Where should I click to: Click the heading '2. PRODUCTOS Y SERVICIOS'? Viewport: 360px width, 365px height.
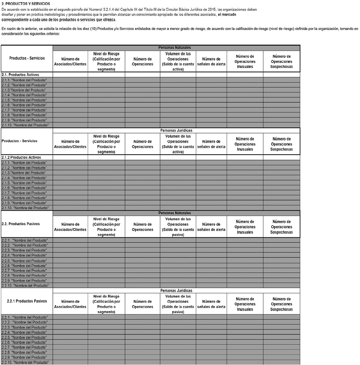pos(25,4)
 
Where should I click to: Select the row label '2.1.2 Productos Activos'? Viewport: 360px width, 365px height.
pos(22,157)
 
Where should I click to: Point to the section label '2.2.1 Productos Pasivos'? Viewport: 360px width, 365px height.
pos(26,301)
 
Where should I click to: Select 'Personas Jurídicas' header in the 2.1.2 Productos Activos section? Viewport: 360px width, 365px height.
pos(176,131)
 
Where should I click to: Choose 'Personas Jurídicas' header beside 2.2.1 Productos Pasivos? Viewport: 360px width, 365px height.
pos(176,290)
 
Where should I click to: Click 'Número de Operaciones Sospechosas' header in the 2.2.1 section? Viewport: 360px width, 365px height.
pos(282,304)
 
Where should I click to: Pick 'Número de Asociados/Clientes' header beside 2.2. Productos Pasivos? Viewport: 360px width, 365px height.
pos(70,227)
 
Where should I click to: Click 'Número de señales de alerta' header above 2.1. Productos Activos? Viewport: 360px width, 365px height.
pos(211,62)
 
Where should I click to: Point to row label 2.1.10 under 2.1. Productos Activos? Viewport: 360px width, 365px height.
pos(25,125)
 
